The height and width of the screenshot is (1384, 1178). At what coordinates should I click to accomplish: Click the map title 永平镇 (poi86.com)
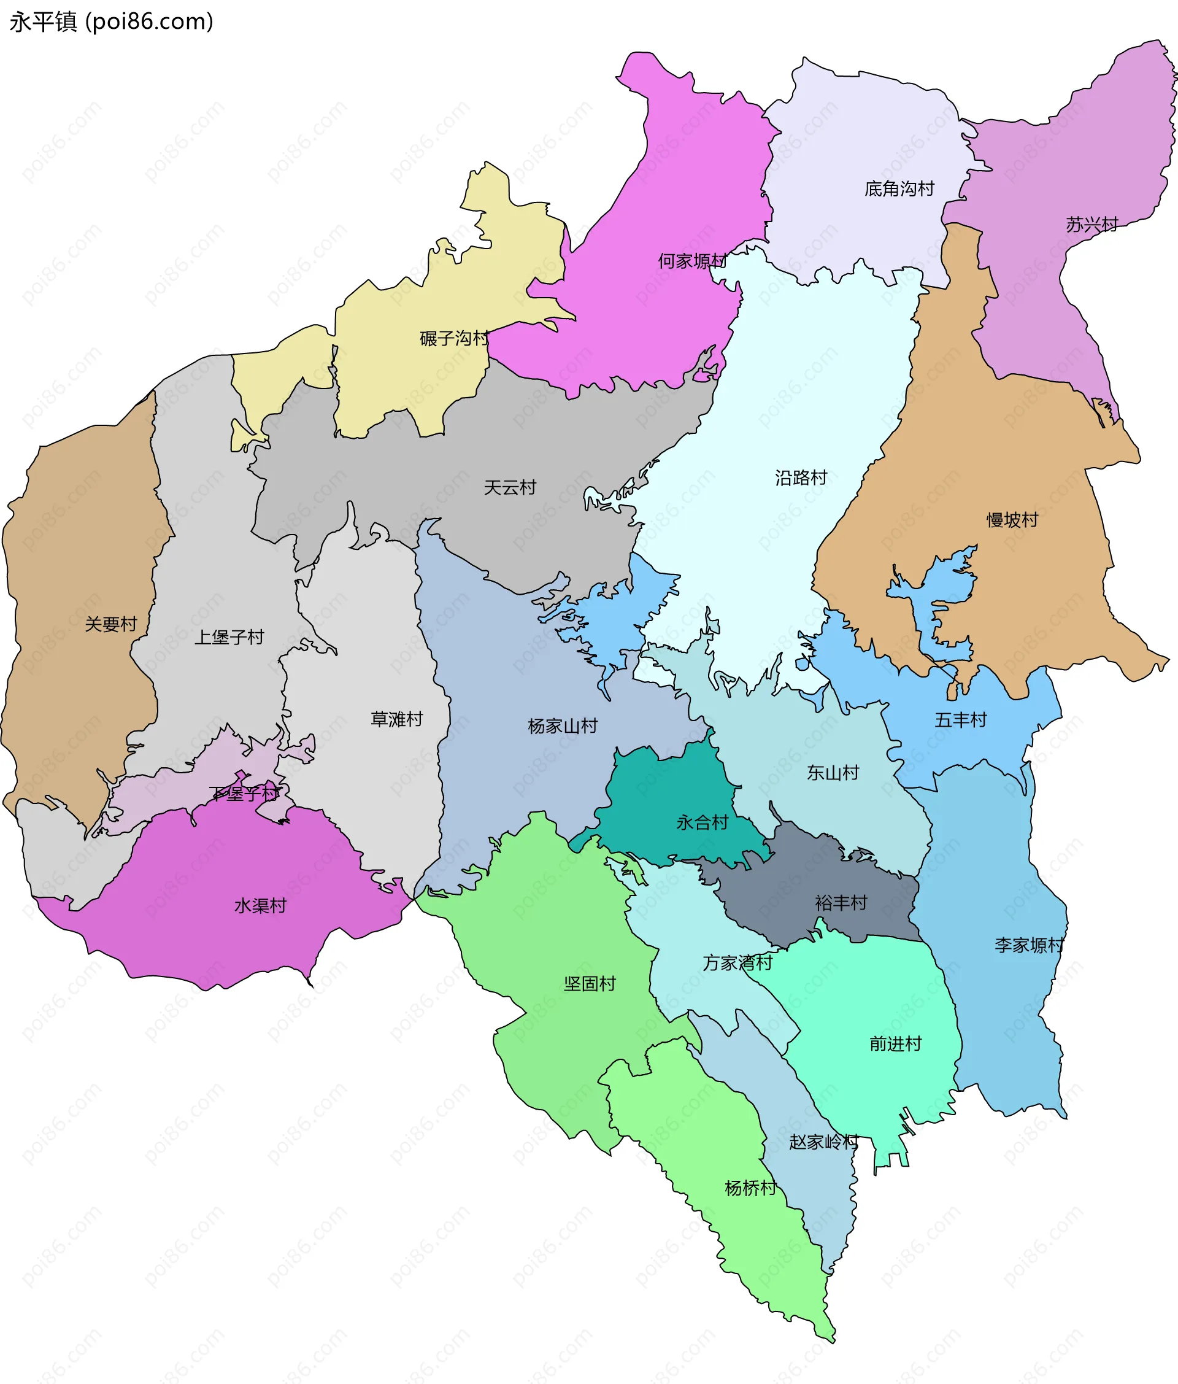point(112,22)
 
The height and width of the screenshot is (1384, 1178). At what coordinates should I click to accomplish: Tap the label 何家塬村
point(692,261)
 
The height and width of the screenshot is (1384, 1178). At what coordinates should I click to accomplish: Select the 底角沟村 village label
point(899,189)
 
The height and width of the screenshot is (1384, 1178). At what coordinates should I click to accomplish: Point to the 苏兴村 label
point(1091,225)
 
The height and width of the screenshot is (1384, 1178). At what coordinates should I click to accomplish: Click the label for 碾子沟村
point(454,339)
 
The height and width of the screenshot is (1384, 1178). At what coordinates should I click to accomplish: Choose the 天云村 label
point(509,487)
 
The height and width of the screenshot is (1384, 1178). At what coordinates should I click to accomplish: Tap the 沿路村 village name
point(801,477)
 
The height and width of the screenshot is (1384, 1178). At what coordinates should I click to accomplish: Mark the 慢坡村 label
point(1012,520)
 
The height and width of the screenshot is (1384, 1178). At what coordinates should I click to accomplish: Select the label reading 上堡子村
point(229,637)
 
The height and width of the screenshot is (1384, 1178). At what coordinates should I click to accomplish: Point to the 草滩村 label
point(397,719)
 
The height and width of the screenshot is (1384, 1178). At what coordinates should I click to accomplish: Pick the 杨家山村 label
point(562,726)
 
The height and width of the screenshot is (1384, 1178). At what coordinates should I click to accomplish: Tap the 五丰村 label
point(960,720)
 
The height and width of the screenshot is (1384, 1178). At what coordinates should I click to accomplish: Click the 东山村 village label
point(833,773)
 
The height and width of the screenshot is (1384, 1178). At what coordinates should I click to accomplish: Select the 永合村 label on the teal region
point(703,822)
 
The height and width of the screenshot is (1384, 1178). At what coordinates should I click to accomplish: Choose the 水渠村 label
point(260,906)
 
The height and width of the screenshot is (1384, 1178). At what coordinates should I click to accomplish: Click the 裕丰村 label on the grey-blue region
point(841,903)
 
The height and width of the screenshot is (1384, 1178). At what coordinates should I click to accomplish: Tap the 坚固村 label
point(589,984)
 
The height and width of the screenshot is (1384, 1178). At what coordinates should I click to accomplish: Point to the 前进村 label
point(895,1044)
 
